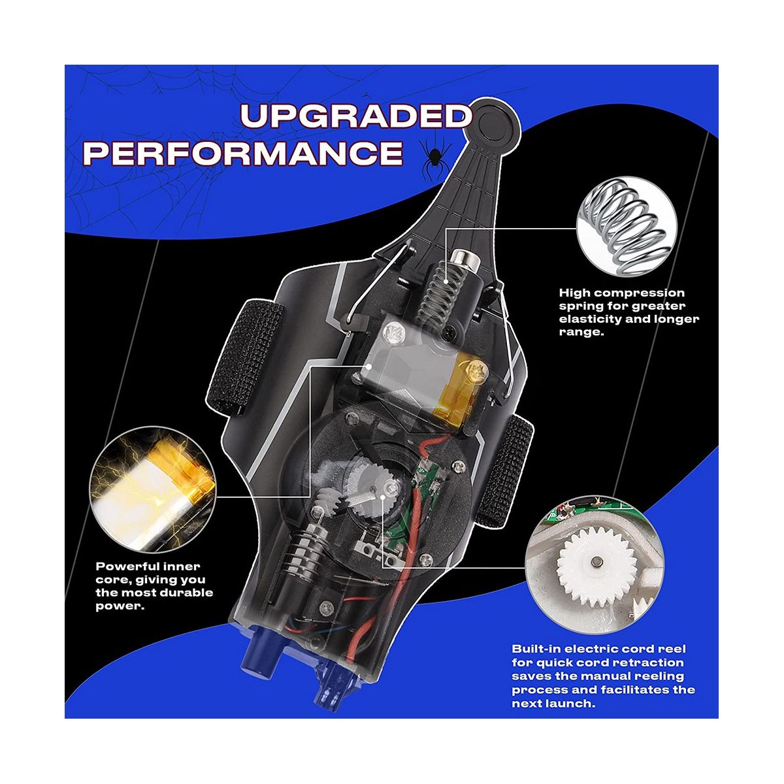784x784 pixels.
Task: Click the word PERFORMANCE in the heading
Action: coord(243,154)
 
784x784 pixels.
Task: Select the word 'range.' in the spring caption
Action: coord(580,332)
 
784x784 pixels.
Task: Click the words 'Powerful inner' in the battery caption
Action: coord(148,566)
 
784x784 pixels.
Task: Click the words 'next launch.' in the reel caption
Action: coord(554,703)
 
